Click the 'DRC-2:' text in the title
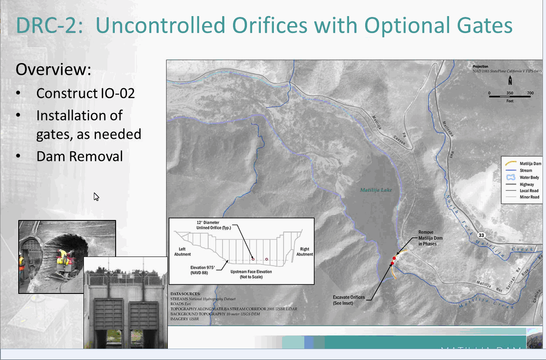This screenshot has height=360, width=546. [49, 26]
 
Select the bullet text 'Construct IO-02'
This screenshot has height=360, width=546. [85, 93]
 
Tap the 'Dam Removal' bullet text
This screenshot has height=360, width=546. [80, 156]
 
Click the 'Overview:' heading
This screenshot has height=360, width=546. [53, 70]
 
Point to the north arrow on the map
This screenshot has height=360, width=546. [510, 80]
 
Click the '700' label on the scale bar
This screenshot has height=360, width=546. [530, 93]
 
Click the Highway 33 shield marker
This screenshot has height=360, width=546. [481, 235]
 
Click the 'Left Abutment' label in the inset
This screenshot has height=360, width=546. [183, 251]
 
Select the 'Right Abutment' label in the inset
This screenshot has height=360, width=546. [304, 252]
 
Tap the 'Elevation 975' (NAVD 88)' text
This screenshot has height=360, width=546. [205, 270]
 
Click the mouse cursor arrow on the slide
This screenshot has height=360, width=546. [96, 197]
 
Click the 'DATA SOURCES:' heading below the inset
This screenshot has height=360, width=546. [186, 293]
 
